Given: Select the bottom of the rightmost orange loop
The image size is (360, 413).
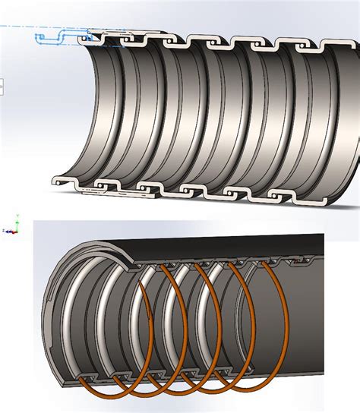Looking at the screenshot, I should point(258,384).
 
